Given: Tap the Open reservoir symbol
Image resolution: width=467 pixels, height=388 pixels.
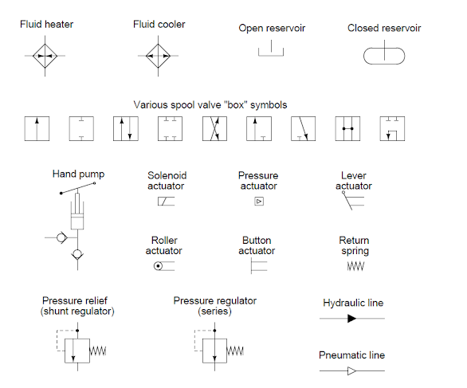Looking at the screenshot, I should point(272,51).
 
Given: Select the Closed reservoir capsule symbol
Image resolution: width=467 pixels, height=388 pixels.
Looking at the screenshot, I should point(384,55).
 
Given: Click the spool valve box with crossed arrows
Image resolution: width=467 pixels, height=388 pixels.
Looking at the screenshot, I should point(215,129).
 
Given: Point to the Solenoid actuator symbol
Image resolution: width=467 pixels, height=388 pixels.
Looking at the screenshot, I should point(166,202).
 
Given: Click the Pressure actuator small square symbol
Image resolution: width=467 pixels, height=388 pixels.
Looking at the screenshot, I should point(258,202).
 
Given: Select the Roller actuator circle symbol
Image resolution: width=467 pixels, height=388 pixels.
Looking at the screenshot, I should point(159,266).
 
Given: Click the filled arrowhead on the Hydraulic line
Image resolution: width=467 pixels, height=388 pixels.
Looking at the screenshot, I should point(351,319).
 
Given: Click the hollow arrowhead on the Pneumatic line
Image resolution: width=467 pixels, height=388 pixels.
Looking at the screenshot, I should point(351,370).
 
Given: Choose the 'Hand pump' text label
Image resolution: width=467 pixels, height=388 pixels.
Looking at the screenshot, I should point(78,174).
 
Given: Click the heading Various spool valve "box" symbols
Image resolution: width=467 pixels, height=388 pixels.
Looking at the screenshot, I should point(210,104).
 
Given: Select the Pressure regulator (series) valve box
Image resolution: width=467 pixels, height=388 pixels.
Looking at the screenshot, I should point(214,350).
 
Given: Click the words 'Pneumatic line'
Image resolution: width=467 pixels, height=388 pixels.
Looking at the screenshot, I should point(351,355).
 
